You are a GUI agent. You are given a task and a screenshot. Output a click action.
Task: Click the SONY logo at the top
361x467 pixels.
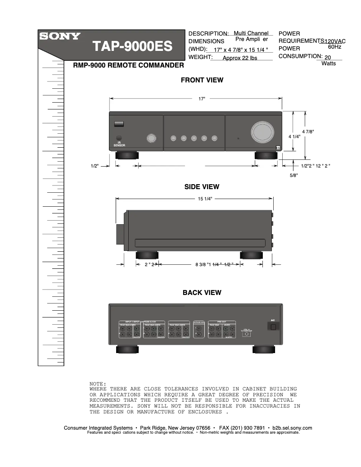[x=60, y=36]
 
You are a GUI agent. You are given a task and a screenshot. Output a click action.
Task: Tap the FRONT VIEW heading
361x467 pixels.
[x=202, y=80]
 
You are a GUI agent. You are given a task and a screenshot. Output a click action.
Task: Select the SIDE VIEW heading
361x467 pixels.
[x=202, y=186]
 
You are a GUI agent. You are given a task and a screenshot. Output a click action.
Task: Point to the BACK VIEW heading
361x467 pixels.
[x=202, y=292]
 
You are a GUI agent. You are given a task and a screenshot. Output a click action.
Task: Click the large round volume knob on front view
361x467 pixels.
[x=262, y=131]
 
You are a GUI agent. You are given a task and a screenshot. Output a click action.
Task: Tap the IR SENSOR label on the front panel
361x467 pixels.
[x=119, y=144]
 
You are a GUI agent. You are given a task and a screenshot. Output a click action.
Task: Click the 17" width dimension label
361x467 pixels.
[x=202, y=98]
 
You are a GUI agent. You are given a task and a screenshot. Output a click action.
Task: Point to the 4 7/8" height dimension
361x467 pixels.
[x=308, y=131]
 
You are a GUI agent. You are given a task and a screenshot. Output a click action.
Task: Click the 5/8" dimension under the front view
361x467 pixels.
[x=294, y=176]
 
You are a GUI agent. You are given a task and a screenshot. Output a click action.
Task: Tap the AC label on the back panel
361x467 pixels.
[x=272, y=320]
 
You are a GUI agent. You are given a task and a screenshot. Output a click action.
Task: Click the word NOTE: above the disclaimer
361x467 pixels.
[x=98, y=383]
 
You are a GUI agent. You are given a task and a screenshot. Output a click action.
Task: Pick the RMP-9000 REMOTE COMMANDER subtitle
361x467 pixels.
[x=128, y=66]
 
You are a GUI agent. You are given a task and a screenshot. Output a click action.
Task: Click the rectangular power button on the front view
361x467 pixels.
[x=119, y=123]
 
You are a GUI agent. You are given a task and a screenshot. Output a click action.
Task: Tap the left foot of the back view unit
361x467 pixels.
[x=128, y=349]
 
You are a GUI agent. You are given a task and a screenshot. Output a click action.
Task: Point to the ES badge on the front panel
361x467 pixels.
[x=278, y=147]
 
